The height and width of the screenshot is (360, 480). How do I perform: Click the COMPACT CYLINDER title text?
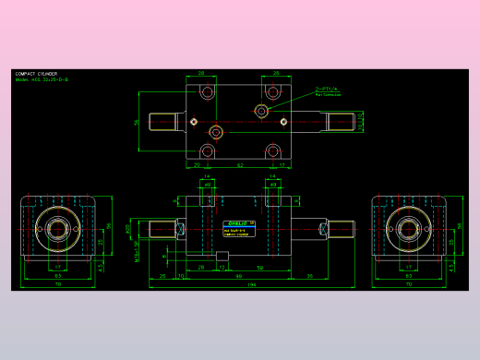point(37,74)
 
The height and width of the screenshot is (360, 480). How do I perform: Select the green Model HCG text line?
point(42,80)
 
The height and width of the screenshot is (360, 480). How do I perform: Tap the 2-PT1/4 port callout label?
point(328,89)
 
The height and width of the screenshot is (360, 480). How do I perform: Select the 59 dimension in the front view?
point(259,267)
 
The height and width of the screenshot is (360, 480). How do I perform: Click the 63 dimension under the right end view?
point(408,275)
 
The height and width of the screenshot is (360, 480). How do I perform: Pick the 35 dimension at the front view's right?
point(310,275)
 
